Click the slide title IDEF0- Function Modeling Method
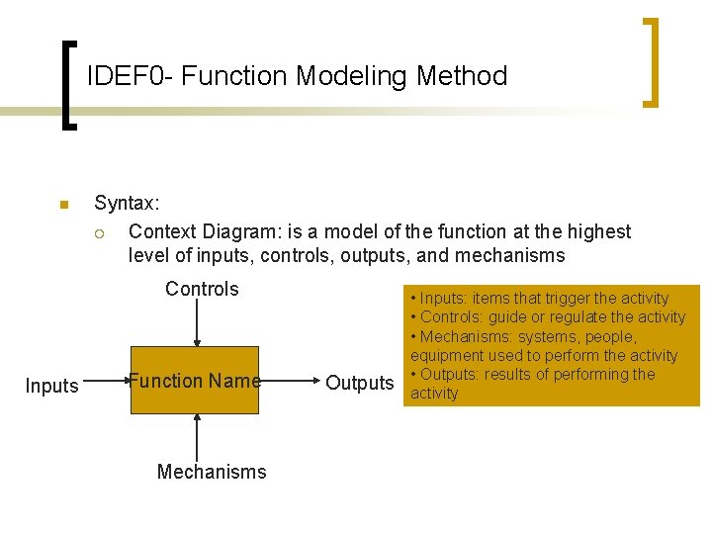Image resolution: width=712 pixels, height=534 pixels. pyautogui.click(x=297, y=76)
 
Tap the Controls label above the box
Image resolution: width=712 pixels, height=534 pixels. pyautogui.click(x=202, y=289)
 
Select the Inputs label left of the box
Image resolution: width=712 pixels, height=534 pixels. pyautogui.click(x=51, y=386)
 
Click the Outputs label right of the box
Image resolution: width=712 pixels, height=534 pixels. pyautogui.click(x=360, y=383)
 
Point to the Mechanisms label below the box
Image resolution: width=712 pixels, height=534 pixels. pyautogui.click(x=212, y=472)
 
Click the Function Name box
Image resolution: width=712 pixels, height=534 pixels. pyautogui.click(x=195, y=380)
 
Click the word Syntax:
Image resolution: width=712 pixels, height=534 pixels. pyautogui.click(x=127, y=204)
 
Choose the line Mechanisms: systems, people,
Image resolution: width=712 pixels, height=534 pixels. pyautogui.click(x=524, y=336)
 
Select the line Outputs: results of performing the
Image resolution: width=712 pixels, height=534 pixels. pyautogui.click(x=533, y=375)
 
